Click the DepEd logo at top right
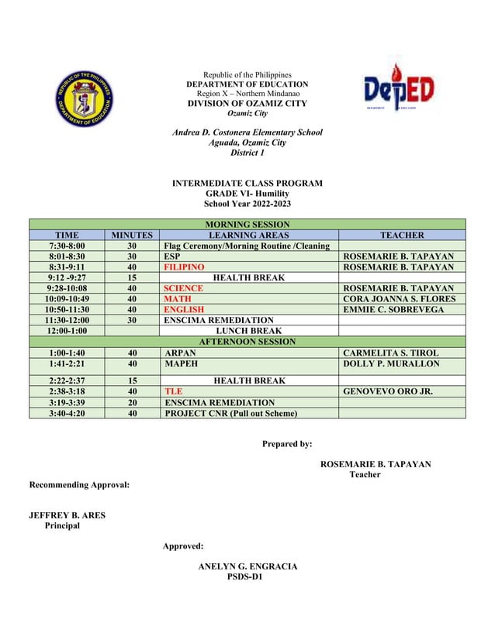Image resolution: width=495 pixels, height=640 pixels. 400,91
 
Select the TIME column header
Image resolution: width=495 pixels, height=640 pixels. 67,235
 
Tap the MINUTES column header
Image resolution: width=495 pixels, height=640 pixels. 133,235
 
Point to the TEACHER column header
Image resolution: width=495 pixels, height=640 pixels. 401,235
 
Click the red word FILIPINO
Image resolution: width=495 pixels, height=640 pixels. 184,267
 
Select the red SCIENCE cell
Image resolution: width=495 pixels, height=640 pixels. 183,288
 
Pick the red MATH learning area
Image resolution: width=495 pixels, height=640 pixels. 177,298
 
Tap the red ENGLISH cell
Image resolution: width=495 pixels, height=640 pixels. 184,309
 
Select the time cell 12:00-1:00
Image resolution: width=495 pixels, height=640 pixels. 67,330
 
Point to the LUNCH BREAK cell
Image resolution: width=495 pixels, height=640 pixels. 248,330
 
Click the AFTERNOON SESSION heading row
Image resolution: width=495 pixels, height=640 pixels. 247,341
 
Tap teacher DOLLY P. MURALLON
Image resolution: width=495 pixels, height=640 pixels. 391,363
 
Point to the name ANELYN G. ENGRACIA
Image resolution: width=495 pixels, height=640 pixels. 247,567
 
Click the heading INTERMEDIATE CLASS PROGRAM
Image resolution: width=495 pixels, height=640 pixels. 247,184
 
